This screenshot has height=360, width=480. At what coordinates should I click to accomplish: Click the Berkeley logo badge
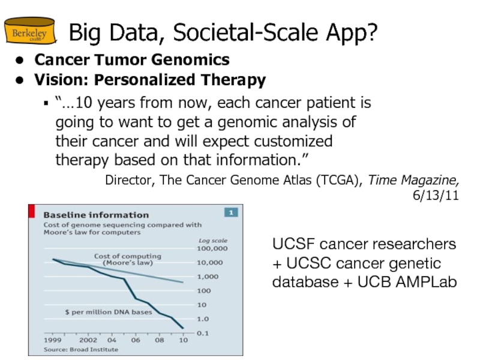(x=29, y=34)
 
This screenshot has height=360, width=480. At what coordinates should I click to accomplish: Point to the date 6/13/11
(x=436, y=196)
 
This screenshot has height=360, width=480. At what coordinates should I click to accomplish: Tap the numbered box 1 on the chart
(x=231, y=212)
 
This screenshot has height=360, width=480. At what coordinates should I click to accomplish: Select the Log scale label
(x=213, y=240)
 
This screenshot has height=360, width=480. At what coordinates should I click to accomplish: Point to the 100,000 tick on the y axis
(x=212, y=248)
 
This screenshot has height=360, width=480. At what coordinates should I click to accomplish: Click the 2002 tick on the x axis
(x=89, y=340)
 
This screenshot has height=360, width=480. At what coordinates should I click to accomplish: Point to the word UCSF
(x=293, y=244)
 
